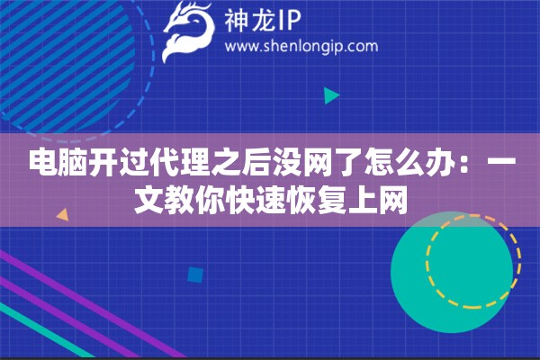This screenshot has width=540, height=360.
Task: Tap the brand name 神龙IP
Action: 262,19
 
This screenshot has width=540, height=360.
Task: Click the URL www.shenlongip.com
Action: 300,46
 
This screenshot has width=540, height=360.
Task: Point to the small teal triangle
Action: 330,95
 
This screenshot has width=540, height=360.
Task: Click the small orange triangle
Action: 62,216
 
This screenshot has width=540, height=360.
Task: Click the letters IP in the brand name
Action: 292,19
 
